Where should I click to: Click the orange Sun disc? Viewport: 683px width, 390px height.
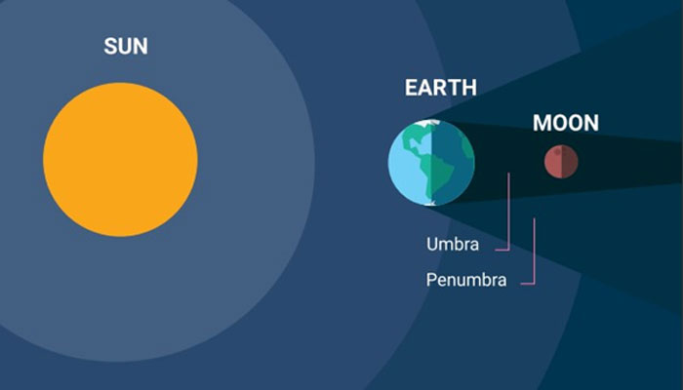coord(120,159)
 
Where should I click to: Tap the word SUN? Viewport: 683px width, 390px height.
coord(126,46)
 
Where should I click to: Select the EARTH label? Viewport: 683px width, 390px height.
coord(441,88)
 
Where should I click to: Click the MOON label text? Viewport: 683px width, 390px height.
coord(566,123)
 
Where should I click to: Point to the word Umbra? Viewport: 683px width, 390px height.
coord(453,244)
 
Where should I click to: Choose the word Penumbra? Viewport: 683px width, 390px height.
coord(466,280)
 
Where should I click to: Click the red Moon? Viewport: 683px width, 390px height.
coord(561,162)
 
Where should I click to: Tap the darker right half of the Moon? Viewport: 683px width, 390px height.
coord(570,162)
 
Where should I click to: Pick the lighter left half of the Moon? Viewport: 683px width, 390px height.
coord(553,162)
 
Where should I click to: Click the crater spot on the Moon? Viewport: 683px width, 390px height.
coord(557,151)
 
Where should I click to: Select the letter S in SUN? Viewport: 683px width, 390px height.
coord(110,46)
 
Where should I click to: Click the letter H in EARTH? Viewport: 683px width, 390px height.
coord(469,88)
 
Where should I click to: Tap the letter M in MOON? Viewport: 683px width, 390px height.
coord(542,123)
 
